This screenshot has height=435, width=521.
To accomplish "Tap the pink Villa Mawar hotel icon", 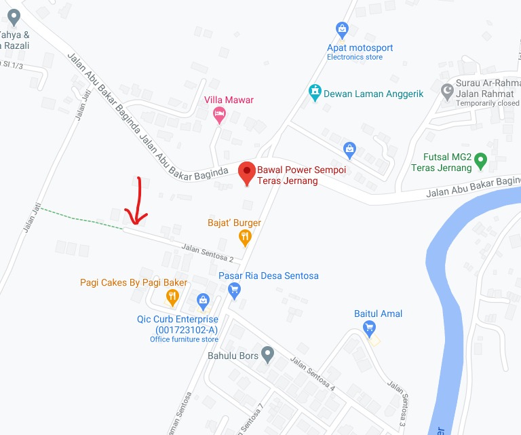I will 219,115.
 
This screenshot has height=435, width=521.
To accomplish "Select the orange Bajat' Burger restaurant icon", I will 245,237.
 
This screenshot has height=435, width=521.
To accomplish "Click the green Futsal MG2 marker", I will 480,162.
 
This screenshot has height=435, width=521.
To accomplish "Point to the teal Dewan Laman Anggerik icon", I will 314,90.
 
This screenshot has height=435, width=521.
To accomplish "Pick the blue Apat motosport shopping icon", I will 343,30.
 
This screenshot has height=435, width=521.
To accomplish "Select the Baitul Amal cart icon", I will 369,329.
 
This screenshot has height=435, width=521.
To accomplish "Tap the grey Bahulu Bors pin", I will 267,354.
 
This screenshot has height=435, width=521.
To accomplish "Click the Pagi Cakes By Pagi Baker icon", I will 172,297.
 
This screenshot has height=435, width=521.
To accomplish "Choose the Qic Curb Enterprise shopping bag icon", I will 202,300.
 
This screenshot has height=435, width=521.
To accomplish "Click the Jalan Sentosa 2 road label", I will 208,254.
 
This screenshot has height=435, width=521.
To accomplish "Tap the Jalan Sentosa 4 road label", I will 313,373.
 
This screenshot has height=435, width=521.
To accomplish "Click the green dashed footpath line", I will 81,219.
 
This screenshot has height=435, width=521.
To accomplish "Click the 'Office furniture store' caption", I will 184,339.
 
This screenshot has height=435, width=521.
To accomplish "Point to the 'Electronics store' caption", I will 355,58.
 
